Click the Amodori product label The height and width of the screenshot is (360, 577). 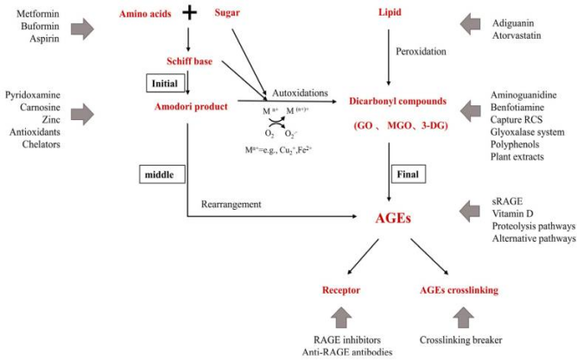pyautogui.click(x=192, y=106)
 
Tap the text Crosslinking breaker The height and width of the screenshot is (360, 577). pyautogui.click(x=460, y=340)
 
